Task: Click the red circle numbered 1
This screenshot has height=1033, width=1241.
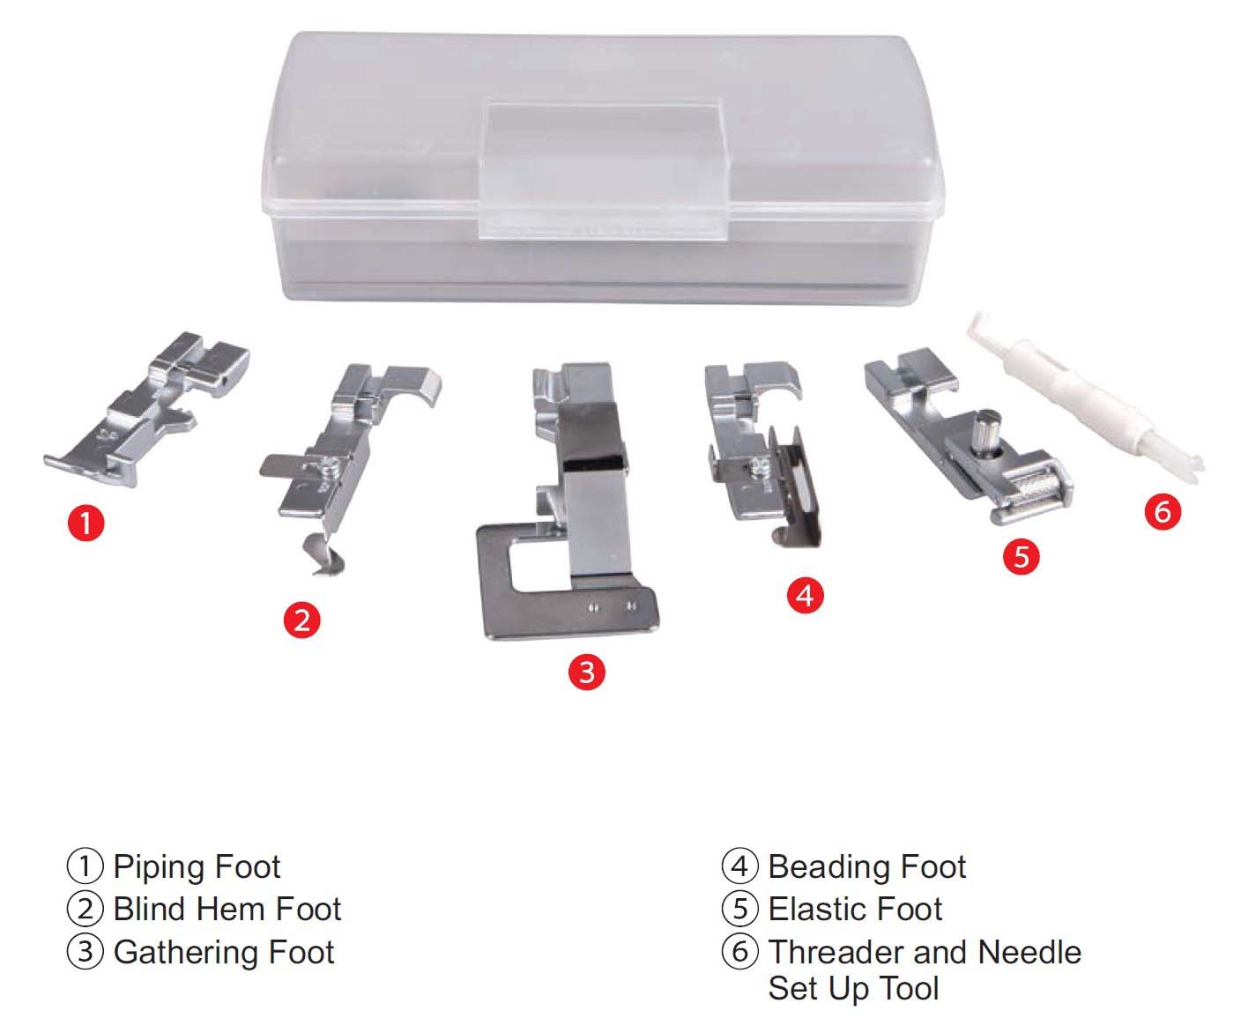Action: pos(85,524)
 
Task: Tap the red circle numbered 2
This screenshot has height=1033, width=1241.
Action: pos(302,621)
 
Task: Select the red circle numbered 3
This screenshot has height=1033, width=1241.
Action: pos(587,673)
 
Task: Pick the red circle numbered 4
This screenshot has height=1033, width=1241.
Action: pos(805,595)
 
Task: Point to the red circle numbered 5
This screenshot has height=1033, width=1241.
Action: pos(1021,557)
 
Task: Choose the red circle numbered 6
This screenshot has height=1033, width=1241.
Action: pos(1163,511)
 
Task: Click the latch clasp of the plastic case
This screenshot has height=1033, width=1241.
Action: pos(605,169)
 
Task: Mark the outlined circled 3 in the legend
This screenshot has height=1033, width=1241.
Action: pos(85,953)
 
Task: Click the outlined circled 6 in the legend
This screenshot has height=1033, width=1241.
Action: pos(739,953)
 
